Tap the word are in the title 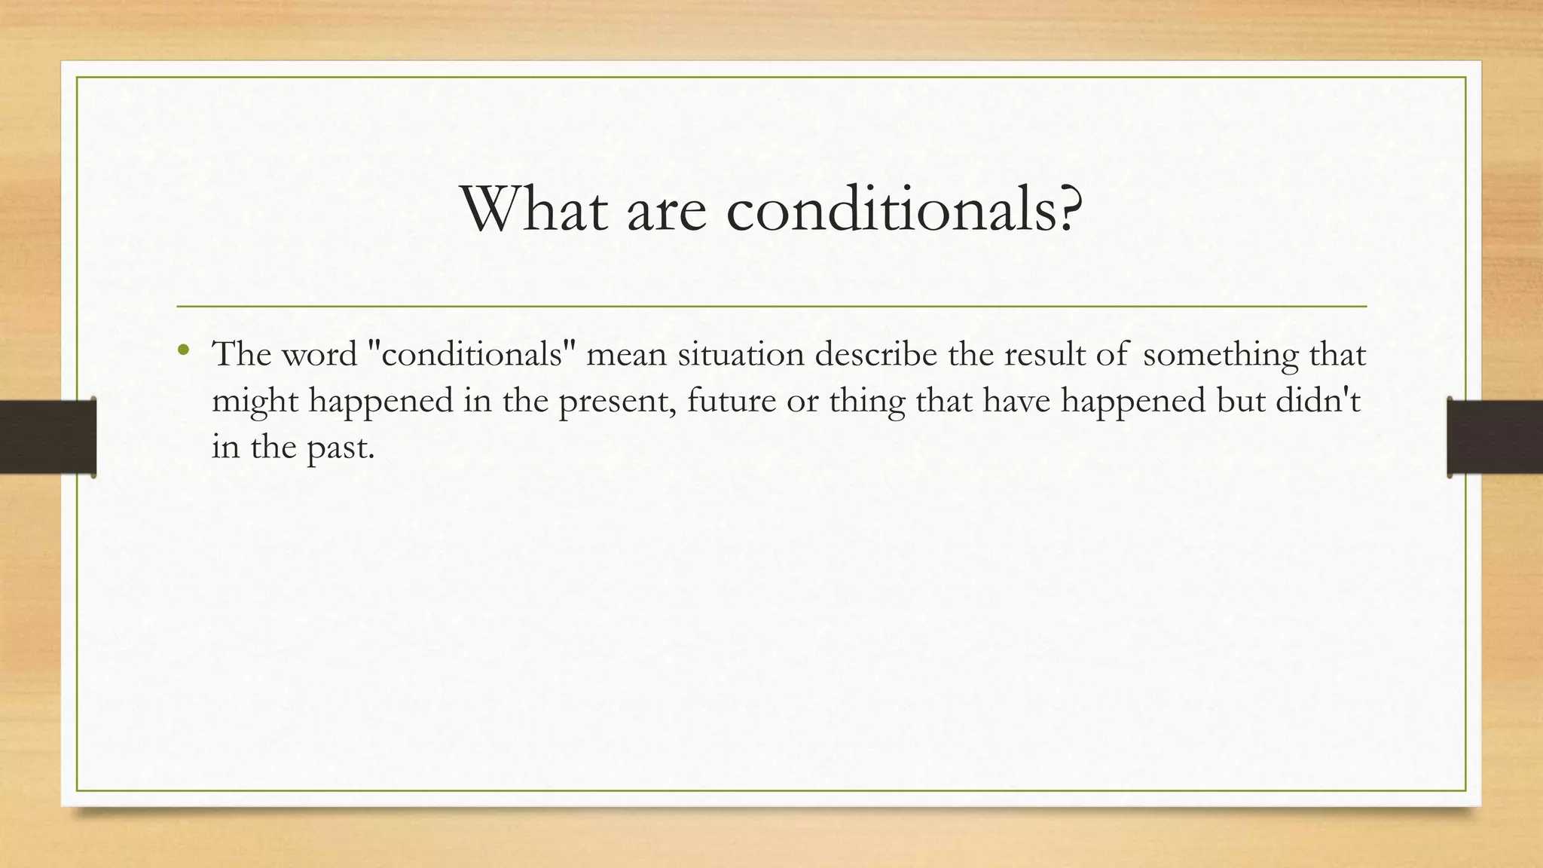pyautogui.click(x=666, y=211)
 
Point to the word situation pyautogui.click(x=741, y=354)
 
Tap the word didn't pyautogui.click(x=1318, y=400)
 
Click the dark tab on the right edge pyautogui.click(x=1495, y=437)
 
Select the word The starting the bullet pyautogui.click(x=242, y=354)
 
